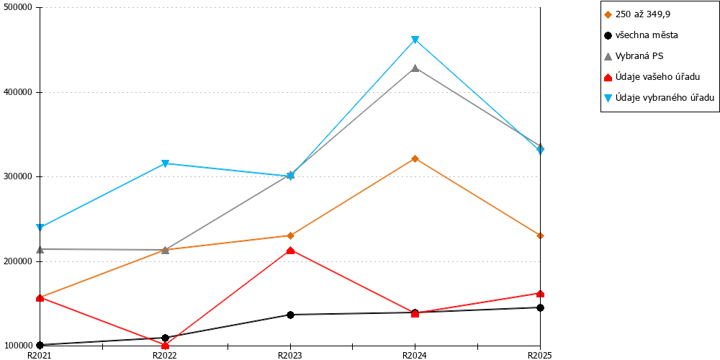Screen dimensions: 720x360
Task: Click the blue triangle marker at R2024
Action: pos(415,40)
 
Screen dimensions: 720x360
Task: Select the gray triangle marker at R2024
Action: pos(415,68)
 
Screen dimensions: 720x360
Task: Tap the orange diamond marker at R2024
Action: pos(415,158)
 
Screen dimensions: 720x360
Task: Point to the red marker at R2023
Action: pos(290,251)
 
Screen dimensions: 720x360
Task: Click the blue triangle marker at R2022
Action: pos(166,163)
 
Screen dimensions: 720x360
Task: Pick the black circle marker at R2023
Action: pos(290,315)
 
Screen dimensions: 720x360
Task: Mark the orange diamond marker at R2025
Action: pos(541,235)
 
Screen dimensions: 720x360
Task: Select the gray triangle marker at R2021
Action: pos(40,249)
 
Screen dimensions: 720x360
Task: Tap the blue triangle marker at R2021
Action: pos(40,228)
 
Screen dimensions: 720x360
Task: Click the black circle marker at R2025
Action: pos(541,307)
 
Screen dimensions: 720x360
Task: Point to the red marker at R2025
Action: pos(541,294)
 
